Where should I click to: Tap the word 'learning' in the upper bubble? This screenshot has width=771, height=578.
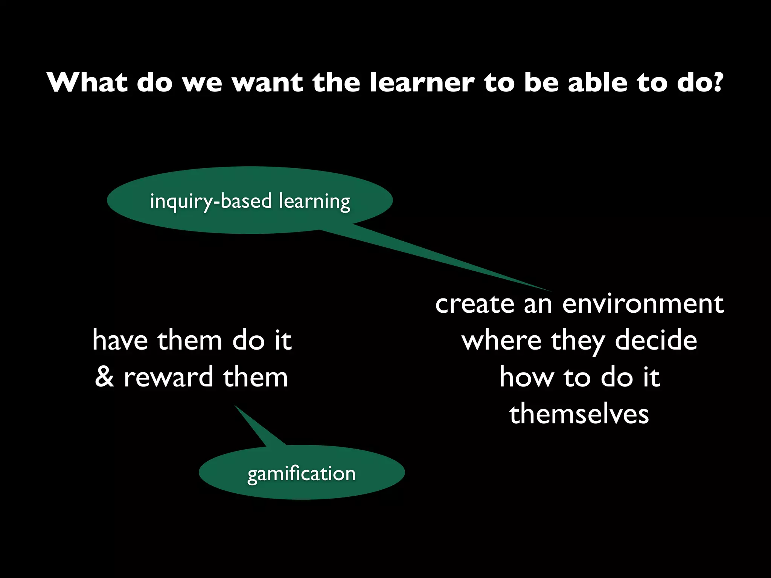pyautogui.click(x=315, y=201)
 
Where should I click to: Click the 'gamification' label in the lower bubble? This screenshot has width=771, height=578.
pyautogui.click(x=301, y=474)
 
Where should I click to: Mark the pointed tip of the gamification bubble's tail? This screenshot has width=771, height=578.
pyautogui.click(x=235, y=406)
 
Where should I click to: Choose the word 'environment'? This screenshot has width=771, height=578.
pyautogui.click(x=643, y=304)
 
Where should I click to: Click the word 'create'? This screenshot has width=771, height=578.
pyautogui.click(x=475, y=304)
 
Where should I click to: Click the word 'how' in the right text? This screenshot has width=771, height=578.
pyautogui.click(x=526, y=377)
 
